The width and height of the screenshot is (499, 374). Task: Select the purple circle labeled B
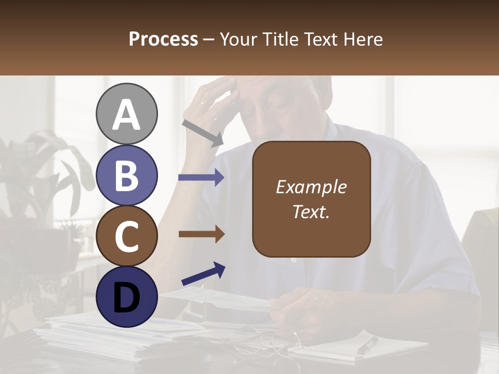pos(126,175)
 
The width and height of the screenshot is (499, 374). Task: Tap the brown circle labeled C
pos(126,236)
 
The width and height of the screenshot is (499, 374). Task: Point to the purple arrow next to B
pos(201,178)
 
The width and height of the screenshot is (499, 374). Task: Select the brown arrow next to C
pos(201,234)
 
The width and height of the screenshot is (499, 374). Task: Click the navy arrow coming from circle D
pos(203,274)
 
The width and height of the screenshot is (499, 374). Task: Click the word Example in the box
pos(311,187)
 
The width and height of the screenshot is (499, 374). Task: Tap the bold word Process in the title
pos(163,39)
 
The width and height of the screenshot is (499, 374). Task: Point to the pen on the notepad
pos(367,345)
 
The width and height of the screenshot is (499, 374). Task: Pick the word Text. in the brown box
pos(311,212)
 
